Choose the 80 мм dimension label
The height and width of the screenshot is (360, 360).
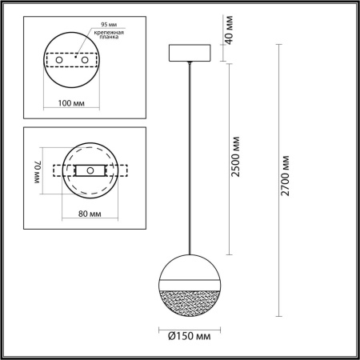pos(89,214)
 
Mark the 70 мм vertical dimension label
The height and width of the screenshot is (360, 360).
pos(37,170)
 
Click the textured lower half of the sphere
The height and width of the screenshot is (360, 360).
pos(190,301)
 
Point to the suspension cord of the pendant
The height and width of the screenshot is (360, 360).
pos(190,160)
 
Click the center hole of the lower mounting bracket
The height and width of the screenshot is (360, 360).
pos(90,170)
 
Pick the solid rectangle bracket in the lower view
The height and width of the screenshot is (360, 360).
pos(90,170)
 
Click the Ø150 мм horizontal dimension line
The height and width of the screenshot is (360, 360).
pos(190,323)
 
